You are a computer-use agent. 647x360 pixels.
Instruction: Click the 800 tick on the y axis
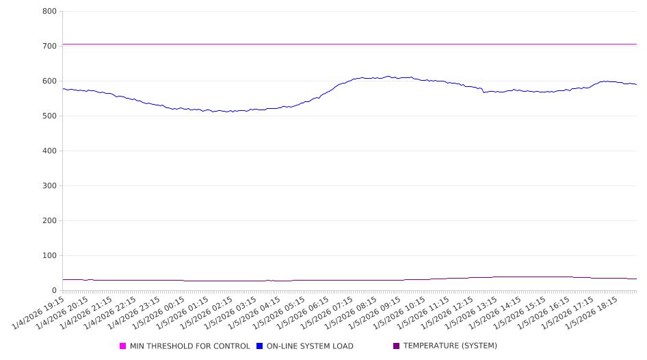(49, 12)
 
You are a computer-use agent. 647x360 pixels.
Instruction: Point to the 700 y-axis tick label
(49, 47)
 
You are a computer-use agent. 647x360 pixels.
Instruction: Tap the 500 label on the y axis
(49, 116)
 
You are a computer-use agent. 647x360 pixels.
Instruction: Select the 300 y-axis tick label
(49, 186)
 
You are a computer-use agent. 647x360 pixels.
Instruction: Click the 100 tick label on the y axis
(49, 256)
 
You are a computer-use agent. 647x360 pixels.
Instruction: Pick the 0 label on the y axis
(53, 291)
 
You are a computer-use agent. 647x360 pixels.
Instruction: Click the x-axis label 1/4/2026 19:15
(39, 311)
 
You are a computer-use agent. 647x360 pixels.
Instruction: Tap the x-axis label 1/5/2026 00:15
(159, 311)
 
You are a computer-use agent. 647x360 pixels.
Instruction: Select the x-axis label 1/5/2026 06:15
(304, 311)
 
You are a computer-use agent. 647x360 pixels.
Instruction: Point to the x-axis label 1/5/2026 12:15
(448, 311)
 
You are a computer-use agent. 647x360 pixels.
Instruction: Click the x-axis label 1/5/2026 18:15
(592, 311)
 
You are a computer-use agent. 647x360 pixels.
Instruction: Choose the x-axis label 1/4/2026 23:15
(135, 311)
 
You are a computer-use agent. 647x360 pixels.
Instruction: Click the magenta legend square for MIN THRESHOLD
(123, 346)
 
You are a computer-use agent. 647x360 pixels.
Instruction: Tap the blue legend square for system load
(260, 346)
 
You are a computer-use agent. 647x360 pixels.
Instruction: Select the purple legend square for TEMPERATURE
(397, 346)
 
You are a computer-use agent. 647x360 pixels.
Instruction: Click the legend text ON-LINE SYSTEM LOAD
(310, 346)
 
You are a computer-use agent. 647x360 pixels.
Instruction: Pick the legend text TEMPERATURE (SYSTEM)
(450, 346)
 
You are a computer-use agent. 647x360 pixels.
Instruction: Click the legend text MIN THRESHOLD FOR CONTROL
(190, 346)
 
